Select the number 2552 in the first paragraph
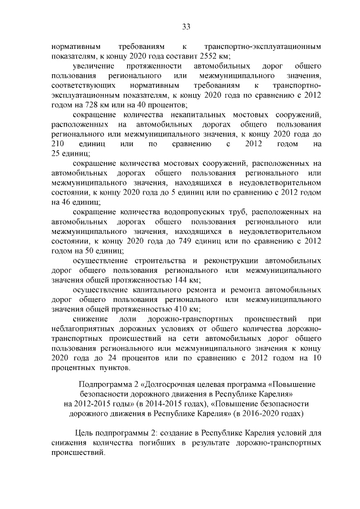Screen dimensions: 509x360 pyautogui.click(x=202, y=57)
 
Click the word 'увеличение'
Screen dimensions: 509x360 pyautogui.click(x=93, y=66)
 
